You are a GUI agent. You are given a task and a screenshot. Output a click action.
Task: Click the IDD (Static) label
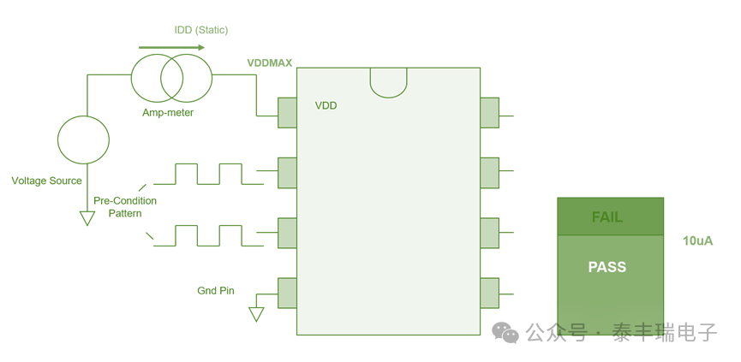pyautogui.click(x=201, y=30)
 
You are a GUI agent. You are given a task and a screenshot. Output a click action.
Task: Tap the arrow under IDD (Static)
pyautogui.click(x=172, y=47)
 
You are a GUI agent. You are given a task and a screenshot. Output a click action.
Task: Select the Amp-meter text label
pyautogui.click(x=168, y=112)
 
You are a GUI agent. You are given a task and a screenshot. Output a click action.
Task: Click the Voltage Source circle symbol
pyautogui.click(x=84, y=139)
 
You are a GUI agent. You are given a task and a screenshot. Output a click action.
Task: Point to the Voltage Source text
pyautogui.click(x=47, y=181)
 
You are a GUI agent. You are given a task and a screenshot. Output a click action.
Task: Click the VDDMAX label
pyautogui.click(x=270, y=62)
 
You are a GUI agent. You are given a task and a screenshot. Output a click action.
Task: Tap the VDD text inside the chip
pyautogui.click(x=326, y=105)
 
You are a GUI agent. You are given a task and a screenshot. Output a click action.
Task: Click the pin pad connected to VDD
pyautogui.click(x=287, y=112)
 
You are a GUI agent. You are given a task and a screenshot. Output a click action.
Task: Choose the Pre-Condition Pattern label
pyautogui.click(x=125, y=206)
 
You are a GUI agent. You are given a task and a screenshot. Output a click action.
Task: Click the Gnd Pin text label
pyautogui.click(x=216, y=291)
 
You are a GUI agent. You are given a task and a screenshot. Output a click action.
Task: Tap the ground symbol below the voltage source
pyautogui.click(x=87, y=218)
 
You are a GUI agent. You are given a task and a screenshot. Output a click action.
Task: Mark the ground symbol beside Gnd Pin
pyautogui.click(x=256, y=314)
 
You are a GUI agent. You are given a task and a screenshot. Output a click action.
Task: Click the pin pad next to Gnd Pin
pyautogui.click(x=287, y=294)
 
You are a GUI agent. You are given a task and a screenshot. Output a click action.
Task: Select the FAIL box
pyautogui.click(x=610, y=217)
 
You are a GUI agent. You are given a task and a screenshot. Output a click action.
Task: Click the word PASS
pyautogui.click(x=607, y=267)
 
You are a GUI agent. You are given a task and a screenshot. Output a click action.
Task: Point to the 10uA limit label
pyautogui.click(x=698, y=240)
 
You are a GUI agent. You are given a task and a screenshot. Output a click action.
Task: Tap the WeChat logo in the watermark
pyautogui.click(x=505, y=332)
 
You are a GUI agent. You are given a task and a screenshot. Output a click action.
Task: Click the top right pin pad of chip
pyautogui.click(x=489, y=112)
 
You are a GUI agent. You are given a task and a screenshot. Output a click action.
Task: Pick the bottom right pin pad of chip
pyautogui.click(x=489, y=294)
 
